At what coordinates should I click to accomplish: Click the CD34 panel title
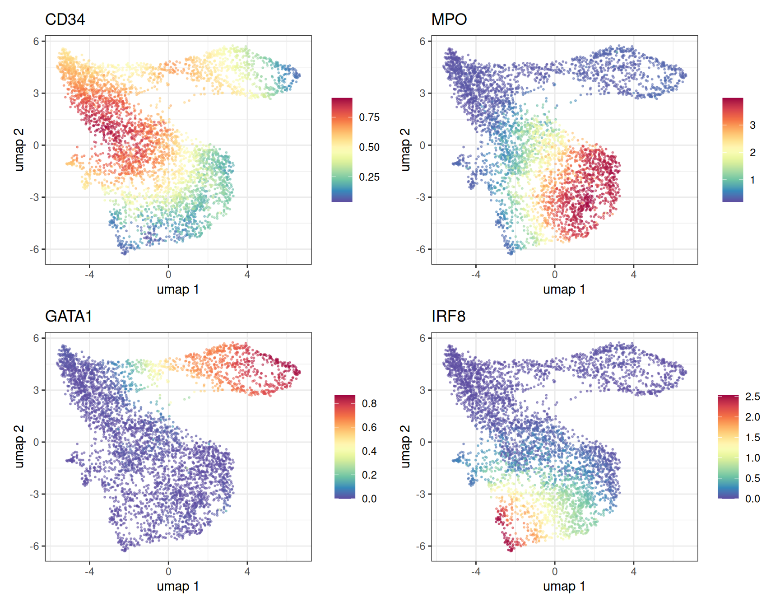point(65,19)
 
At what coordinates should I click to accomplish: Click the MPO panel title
point(449,19)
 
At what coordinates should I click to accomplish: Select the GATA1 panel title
point(69,316)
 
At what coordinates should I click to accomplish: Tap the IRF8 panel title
point(448,316)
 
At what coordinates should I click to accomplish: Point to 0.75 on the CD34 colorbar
point(369,117)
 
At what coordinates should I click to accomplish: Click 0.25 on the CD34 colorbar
point(369,177)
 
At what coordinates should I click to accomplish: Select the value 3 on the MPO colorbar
point(752,125)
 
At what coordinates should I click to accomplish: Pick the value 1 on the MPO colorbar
point(752,180)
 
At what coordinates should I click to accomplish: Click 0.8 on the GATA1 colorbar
point(369,403)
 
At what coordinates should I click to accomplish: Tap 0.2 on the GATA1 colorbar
point(369,475)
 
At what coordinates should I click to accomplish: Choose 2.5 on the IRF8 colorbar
point(752,397)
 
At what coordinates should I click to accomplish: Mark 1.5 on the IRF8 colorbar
point(752,437)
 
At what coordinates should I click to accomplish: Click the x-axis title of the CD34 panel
point(178,289)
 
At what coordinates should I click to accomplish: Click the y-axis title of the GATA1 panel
point(19,446)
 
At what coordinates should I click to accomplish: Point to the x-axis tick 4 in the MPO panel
point(634,274)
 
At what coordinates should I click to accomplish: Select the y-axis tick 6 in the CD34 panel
point(36,41)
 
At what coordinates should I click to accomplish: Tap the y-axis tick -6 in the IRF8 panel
point(421,546)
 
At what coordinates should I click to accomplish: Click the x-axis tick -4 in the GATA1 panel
point(89,571)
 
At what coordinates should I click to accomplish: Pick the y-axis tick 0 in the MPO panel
point(422,145)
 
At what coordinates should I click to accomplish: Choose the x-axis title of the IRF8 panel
point(564,586)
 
